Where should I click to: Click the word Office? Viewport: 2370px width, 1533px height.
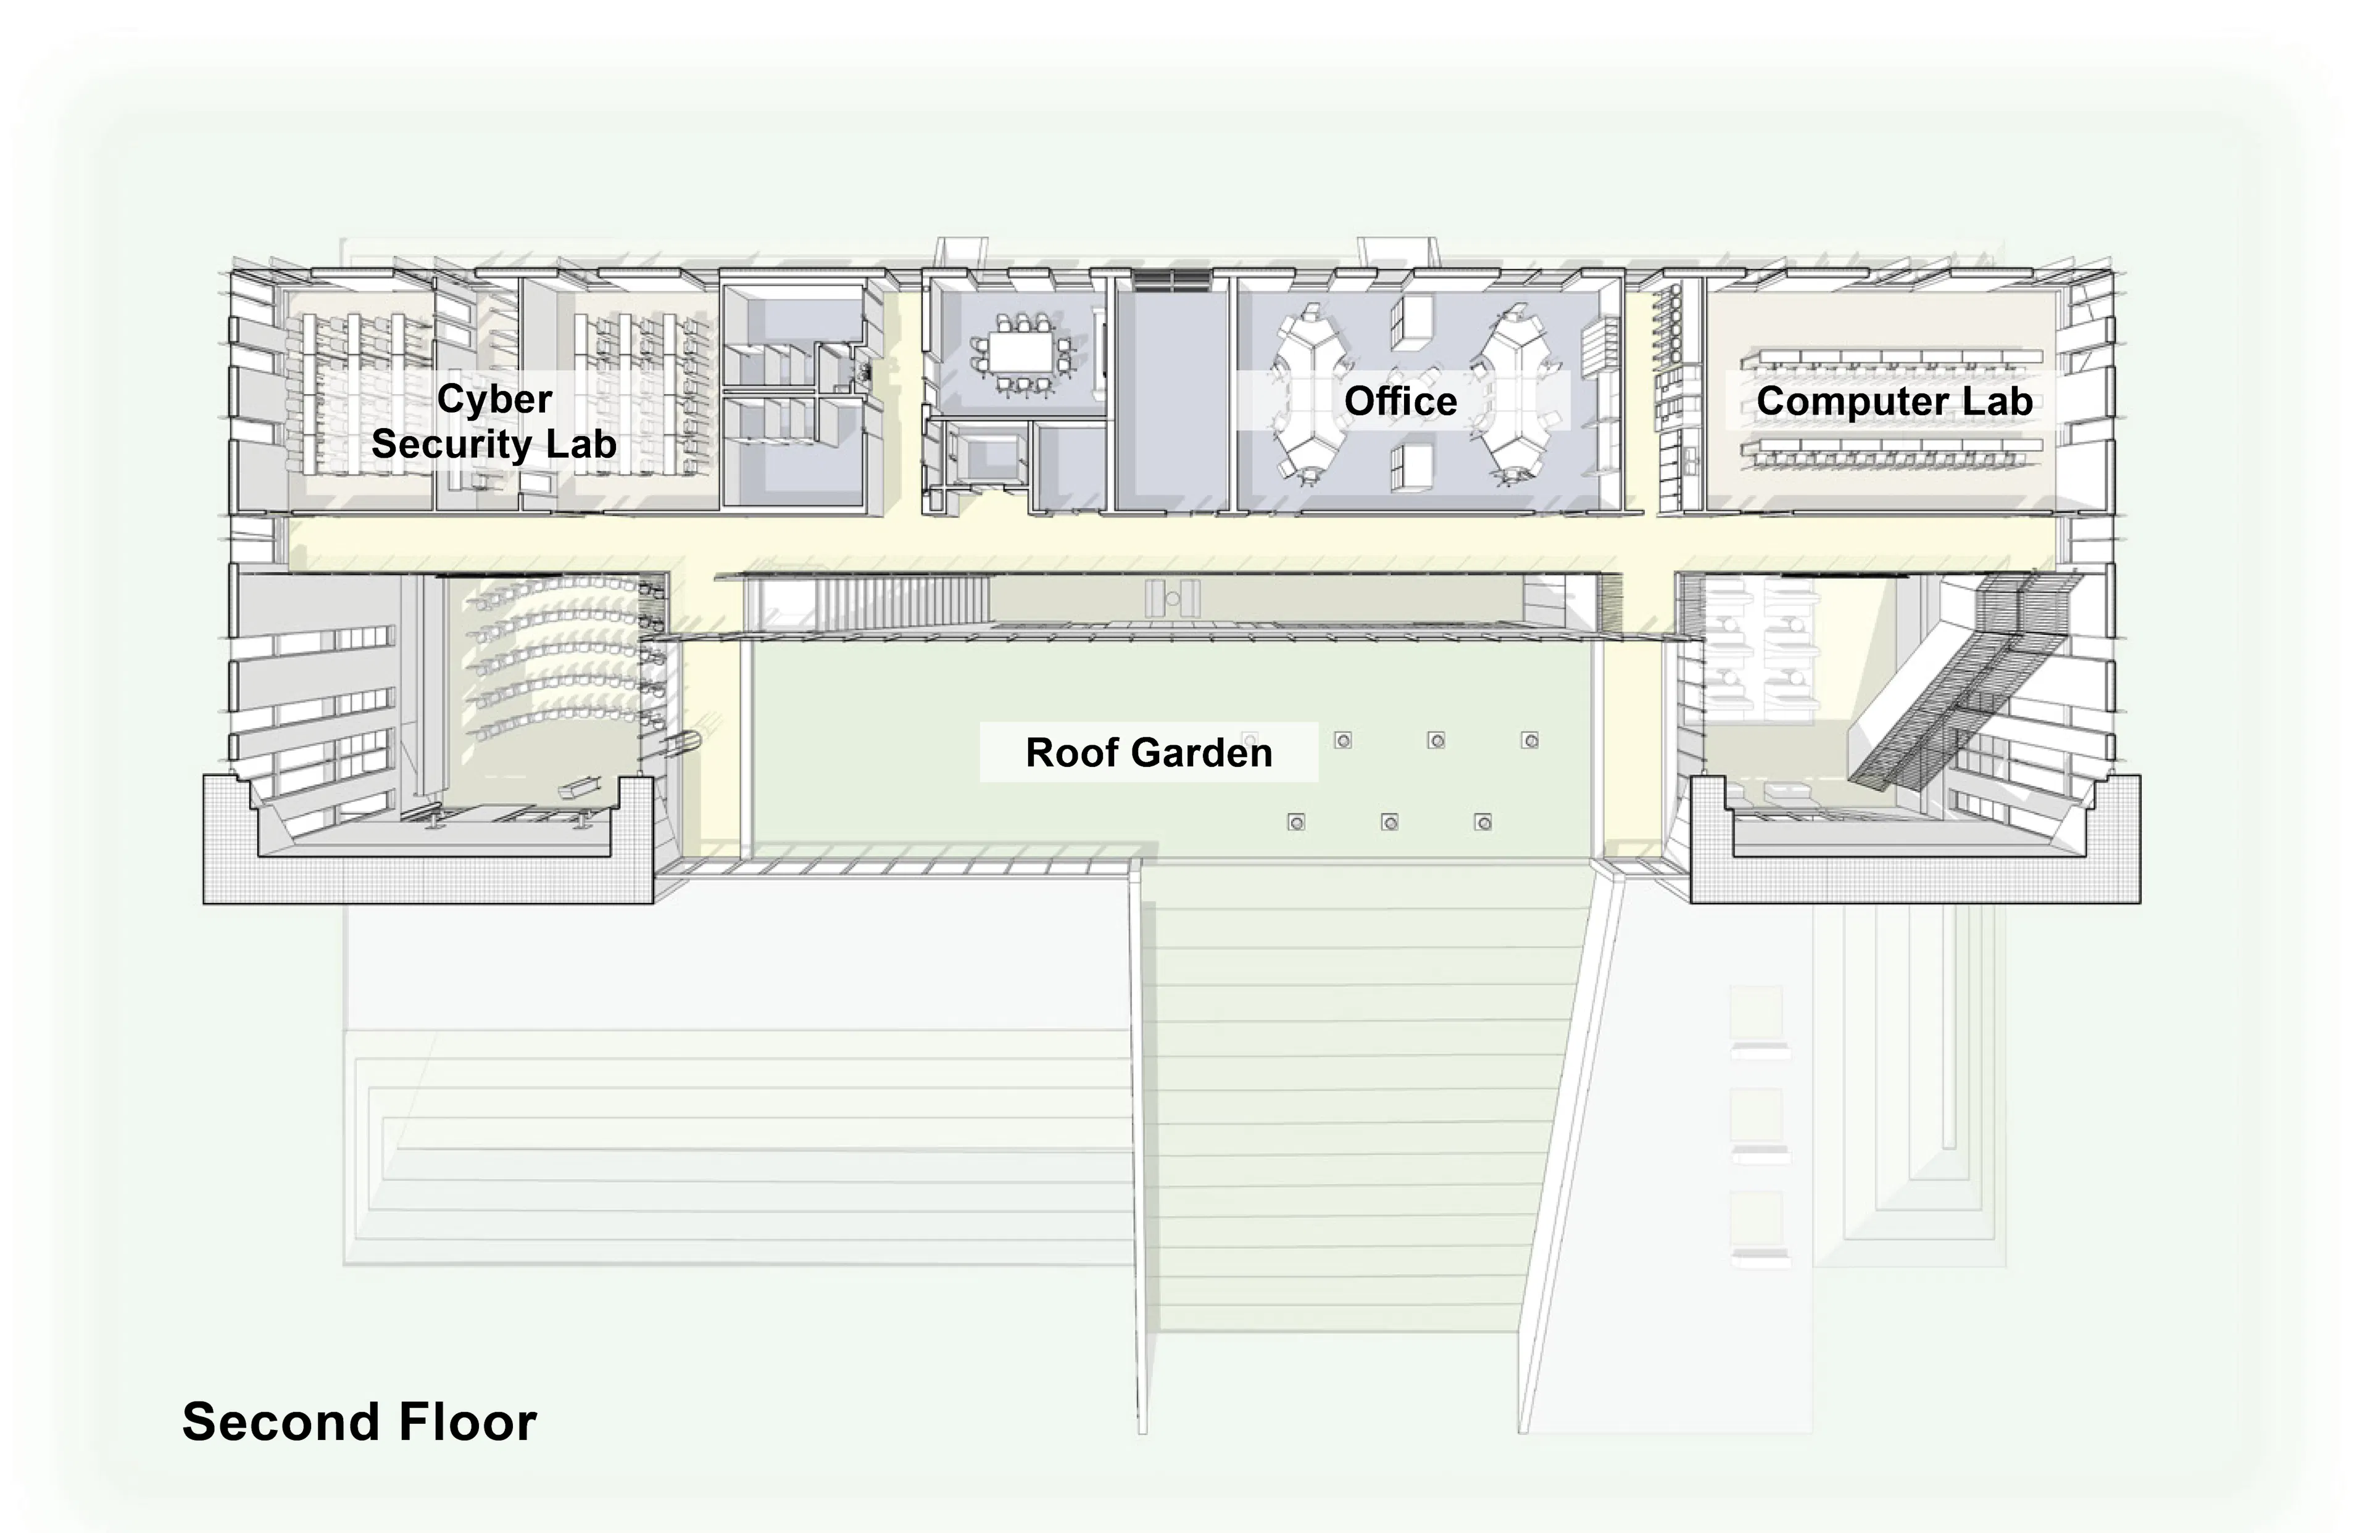[1400, 401]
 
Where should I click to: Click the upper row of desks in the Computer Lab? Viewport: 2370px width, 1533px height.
[1890, 357]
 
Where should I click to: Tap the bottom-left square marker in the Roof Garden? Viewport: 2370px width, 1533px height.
[1295, 822]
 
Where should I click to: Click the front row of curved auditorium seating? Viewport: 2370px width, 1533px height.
[558, 722]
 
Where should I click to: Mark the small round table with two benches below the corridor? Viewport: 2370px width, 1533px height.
[1172, 599]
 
